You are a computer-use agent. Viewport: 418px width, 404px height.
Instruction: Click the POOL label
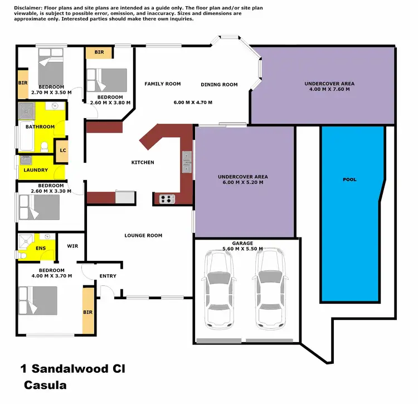click(350, 179)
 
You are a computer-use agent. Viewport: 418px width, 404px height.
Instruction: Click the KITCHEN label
click(143, 163)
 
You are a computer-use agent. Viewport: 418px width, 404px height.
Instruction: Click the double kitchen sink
click(187, 162)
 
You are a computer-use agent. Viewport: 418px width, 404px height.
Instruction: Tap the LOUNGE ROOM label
click(143, 236)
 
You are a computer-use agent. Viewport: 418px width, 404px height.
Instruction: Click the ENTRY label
click(108, 276)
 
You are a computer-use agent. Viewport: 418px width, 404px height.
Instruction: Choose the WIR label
click(72, 245)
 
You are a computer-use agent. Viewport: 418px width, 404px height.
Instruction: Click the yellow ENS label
click(41, 249)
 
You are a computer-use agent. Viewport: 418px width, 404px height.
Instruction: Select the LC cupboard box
click(63, 151)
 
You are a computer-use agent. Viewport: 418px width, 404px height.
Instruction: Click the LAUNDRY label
click(36, 170)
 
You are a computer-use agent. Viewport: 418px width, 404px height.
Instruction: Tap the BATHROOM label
click(40, 126)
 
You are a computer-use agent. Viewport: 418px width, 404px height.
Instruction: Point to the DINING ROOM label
click(219, 85)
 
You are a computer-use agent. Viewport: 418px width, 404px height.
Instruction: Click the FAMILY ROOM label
click(163, 84)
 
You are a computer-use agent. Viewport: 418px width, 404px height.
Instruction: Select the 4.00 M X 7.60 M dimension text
click(329, 89)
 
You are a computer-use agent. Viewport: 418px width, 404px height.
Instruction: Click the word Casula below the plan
click(45, 385)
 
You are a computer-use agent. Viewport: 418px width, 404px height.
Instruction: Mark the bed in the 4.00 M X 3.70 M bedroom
click(38, 301)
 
